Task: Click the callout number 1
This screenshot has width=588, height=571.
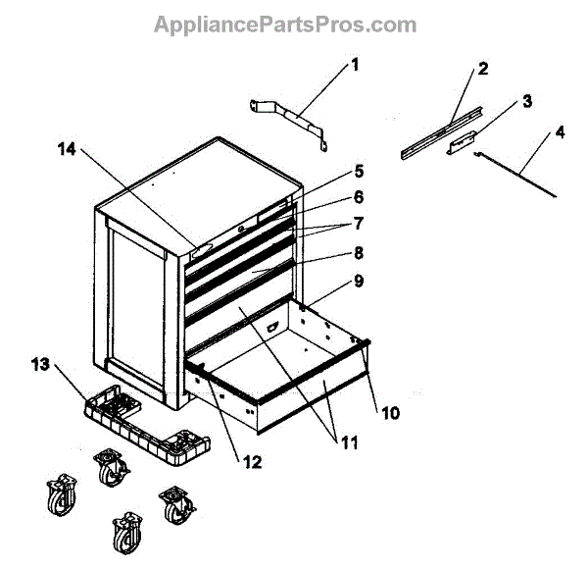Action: tap(355, 66)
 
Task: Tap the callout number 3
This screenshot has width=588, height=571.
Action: tap(527, 100)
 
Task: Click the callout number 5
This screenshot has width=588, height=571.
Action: tap(331, 170)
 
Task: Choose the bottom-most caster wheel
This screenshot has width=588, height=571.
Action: tap(125, 537)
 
